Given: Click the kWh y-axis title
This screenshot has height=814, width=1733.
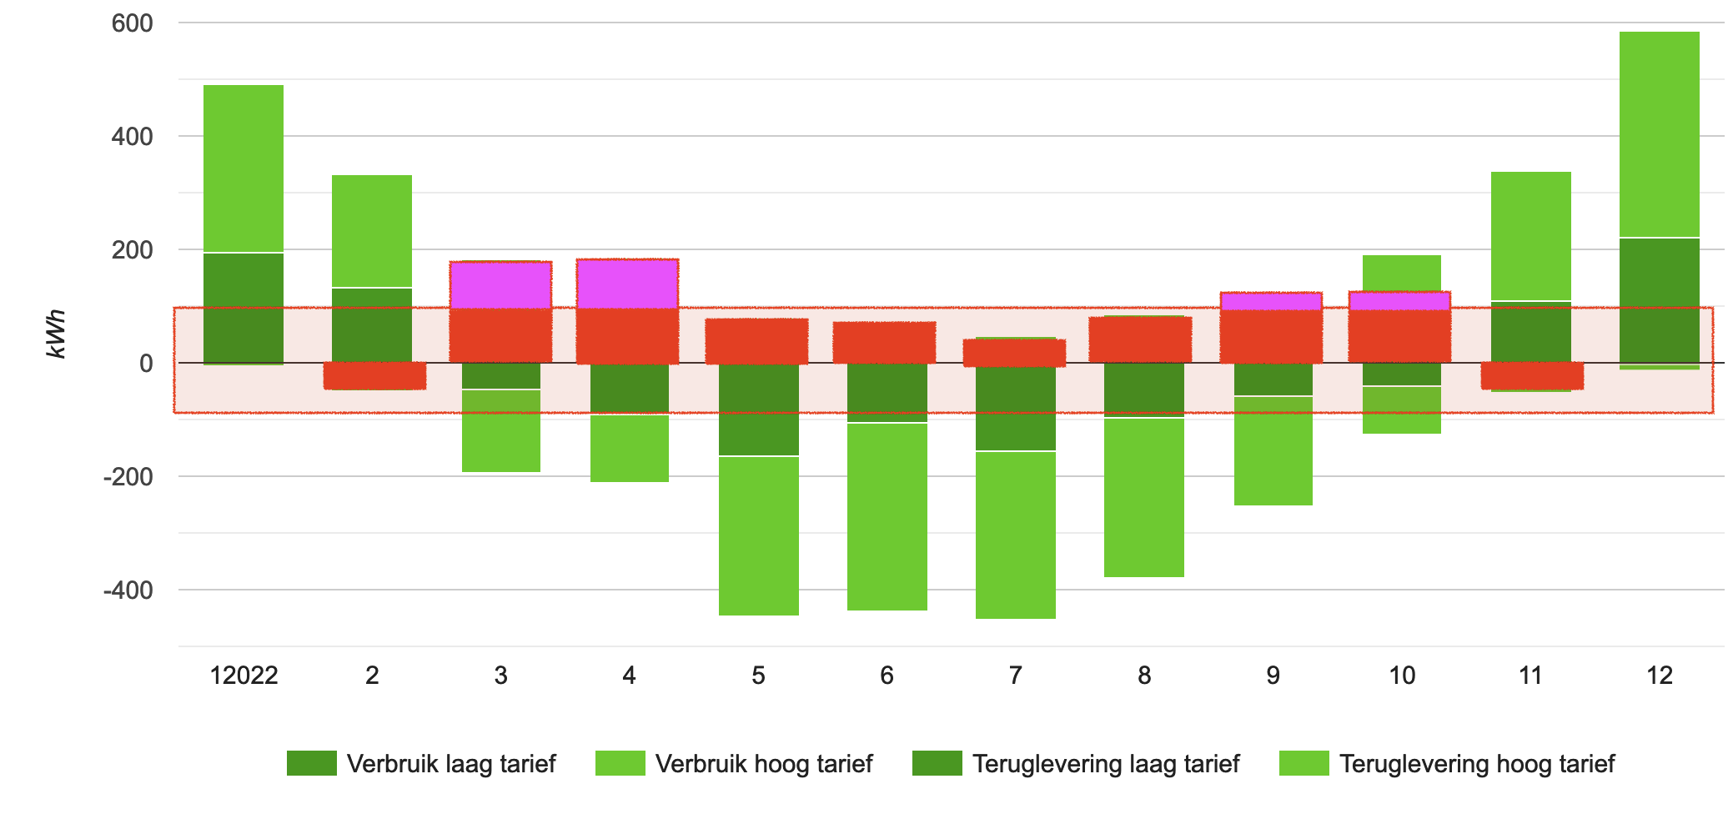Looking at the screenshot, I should coord(56,334).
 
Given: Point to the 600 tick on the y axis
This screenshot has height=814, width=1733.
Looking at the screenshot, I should coord(133,23).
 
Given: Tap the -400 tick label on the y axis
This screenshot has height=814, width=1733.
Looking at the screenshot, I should coord(128,590).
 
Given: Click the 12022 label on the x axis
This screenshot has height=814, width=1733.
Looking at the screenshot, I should coord(244,676).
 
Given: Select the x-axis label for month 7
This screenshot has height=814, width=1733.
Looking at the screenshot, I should coord(1015,676).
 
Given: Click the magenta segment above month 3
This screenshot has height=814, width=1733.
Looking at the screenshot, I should coord(500,285).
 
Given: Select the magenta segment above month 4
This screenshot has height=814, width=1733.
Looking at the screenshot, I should coord(627,284).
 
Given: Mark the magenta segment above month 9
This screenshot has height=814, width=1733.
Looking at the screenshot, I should coord(1271,301).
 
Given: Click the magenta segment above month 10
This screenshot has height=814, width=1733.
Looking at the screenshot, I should coord(1399,300).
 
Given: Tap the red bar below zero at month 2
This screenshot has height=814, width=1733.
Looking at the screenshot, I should coord(374,375).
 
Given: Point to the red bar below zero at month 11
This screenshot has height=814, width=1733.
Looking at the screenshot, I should coord(1532,375).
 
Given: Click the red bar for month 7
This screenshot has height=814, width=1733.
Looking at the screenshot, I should coord(1014,353).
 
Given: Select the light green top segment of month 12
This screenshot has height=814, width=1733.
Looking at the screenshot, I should coord(1659,133).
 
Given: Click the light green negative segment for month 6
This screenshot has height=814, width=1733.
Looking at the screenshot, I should coord(887,517).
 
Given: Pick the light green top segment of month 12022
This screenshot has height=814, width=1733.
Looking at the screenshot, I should coord(244,167).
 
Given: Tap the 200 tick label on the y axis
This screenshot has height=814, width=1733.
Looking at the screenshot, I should coord(133,250).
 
